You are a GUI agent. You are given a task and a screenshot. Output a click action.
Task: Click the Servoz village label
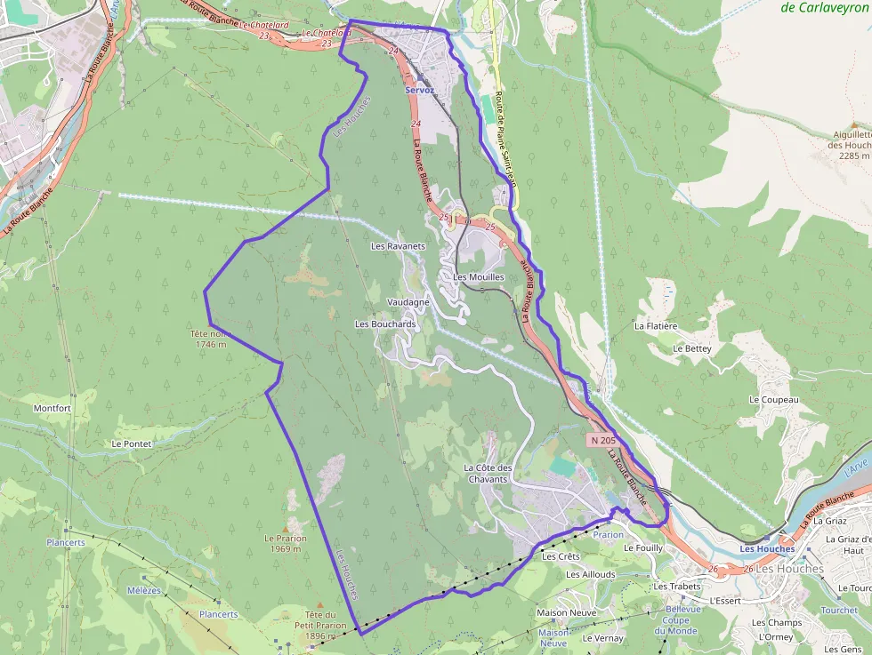[x=419, y=91]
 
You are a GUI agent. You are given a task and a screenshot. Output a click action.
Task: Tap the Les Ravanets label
[x=398, y=245]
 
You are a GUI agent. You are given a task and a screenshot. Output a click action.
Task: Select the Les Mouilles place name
[x=478, y=277]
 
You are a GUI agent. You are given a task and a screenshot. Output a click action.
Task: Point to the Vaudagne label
[x=408, y=302]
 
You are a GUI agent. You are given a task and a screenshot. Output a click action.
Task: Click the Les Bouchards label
[x=385, y=324]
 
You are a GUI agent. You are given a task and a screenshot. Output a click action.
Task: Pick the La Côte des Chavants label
[x=488, y=474]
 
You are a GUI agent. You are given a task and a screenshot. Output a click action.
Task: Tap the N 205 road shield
[x=602, y=440]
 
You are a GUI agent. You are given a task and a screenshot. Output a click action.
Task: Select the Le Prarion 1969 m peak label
[x=285, y=543]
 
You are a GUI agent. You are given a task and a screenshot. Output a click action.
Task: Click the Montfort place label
[x=52, y=408]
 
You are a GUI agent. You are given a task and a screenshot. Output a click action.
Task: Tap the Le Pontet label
[x=132, y=443]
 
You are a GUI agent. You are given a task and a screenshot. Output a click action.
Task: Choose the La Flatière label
[x=656, y=326]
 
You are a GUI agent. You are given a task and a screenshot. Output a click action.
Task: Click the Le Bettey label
[x=691, y=348]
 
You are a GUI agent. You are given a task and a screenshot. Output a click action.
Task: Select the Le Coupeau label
[x=773, y=400]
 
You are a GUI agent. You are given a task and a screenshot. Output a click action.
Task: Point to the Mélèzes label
[x=144, y=590]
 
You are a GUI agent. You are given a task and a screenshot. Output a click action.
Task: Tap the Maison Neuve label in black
[x=566, y=612]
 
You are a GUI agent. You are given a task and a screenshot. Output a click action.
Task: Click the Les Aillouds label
[x=591, y=574]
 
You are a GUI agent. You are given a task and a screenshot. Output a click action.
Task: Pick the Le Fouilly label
[x=643, y=548]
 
